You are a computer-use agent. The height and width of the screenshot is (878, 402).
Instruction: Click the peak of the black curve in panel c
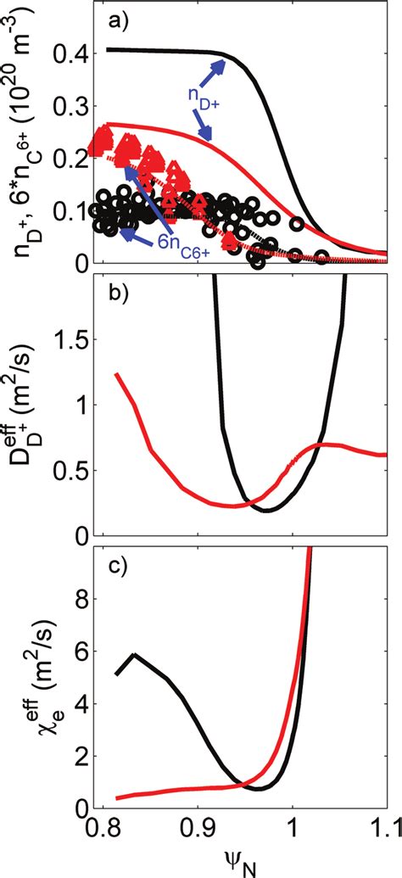coord(133,655)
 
